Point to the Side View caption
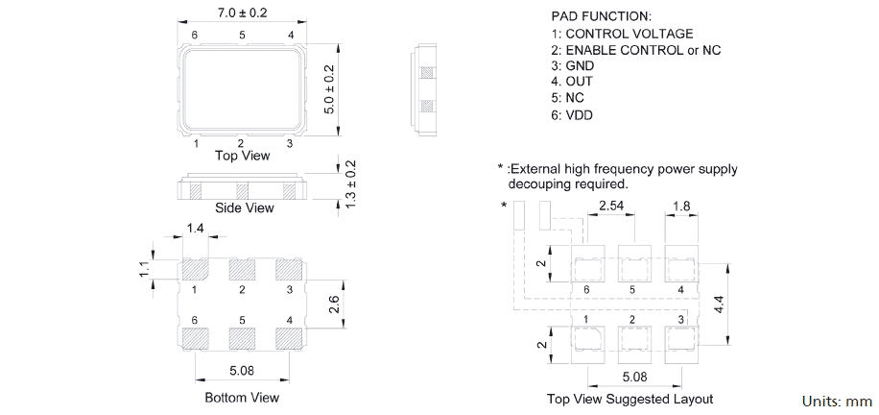point(244,207)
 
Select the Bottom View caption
point(242,397)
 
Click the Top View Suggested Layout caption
point(630,399)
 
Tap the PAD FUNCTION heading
point(601,17)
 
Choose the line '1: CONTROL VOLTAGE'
point(622,34)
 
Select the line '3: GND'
point(573,65)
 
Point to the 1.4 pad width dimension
point(195,228)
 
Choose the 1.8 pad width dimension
point(680,206)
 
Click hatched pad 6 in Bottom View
point(195,338)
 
